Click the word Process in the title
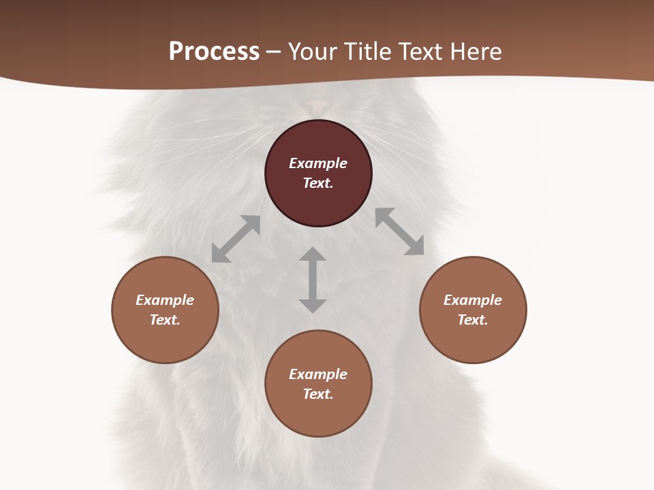pos(214,52)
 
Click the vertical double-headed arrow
pos(313,280)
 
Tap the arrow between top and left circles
pos(236,239)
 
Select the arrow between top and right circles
pos(399,231)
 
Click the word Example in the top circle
pos(318,163)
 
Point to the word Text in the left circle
pos(165,320)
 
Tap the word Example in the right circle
pos(473,300)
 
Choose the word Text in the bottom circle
pos(318,394)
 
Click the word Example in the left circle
pos(165,300)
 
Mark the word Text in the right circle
pos(473,320)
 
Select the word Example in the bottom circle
pos(318,374)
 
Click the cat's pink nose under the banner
pos(319,105)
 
